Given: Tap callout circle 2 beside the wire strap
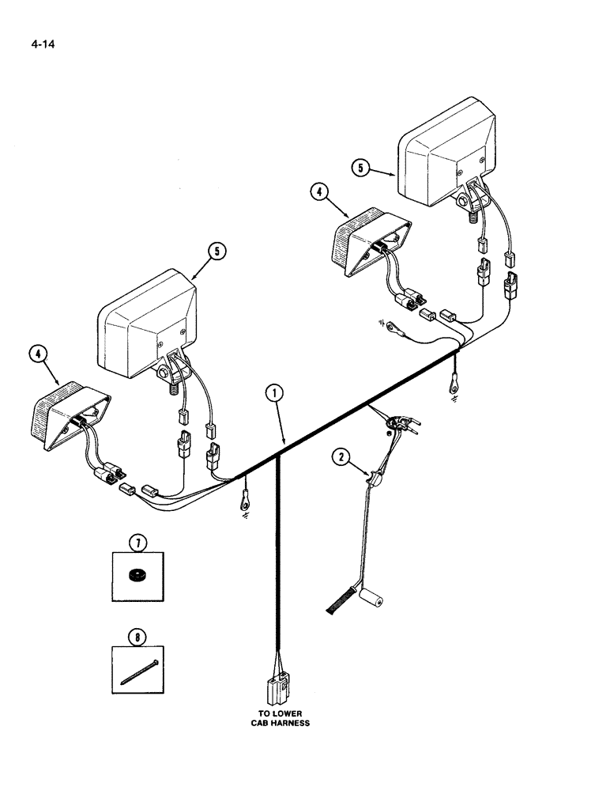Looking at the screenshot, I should pyautogui.click(x=341, y=456).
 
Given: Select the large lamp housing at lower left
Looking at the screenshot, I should pyautogui.click(x=146, y=320).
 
